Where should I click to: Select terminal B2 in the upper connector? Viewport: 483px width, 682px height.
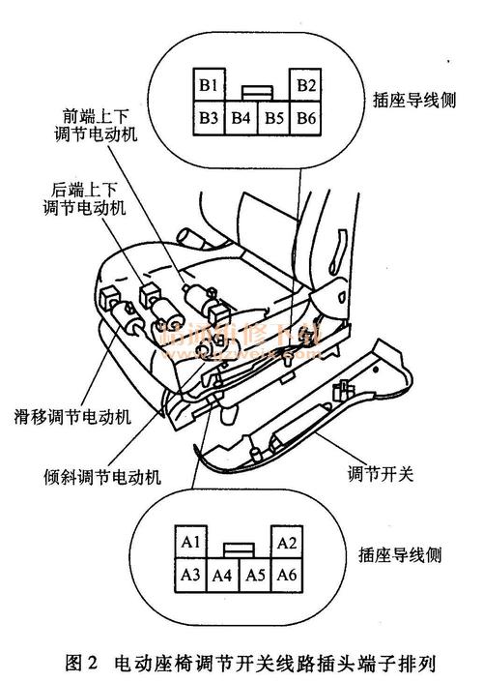(x=307, y=85)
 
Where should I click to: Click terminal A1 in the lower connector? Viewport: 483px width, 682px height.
(x=191, y=542)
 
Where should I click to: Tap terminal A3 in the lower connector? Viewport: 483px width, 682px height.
(x=190, y=576)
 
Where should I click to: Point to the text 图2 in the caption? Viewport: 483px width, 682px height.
(x=81, y=665)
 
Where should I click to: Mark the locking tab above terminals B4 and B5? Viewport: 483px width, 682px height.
(x=256, y=92)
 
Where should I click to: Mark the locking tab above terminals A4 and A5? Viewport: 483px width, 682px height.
(x=240, y=549)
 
